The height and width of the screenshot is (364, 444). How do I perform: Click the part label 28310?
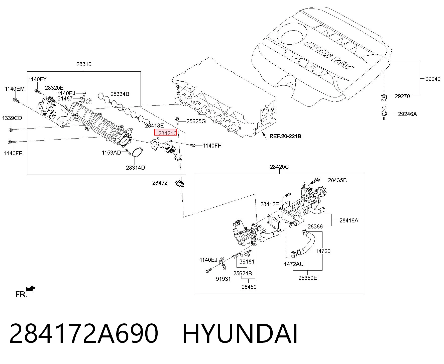point(84,64)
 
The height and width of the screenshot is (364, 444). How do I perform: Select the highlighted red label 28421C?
point(166,132)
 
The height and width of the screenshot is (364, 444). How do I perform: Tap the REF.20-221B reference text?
point(285,137)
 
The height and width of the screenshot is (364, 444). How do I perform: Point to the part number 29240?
point(433,79)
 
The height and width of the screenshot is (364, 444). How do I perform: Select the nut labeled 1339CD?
point(11,130)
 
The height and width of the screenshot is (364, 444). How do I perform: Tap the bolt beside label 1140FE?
point(12,142)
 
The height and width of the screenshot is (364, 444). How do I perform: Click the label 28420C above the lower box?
point(279,167)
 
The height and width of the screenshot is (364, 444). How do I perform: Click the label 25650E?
point(308,278)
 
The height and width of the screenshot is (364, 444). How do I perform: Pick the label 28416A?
point(349,220)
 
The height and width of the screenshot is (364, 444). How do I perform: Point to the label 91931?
point(223,279)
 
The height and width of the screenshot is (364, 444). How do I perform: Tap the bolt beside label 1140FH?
point(192,145)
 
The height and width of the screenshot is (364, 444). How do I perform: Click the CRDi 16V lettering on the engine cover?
point(328,56)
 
